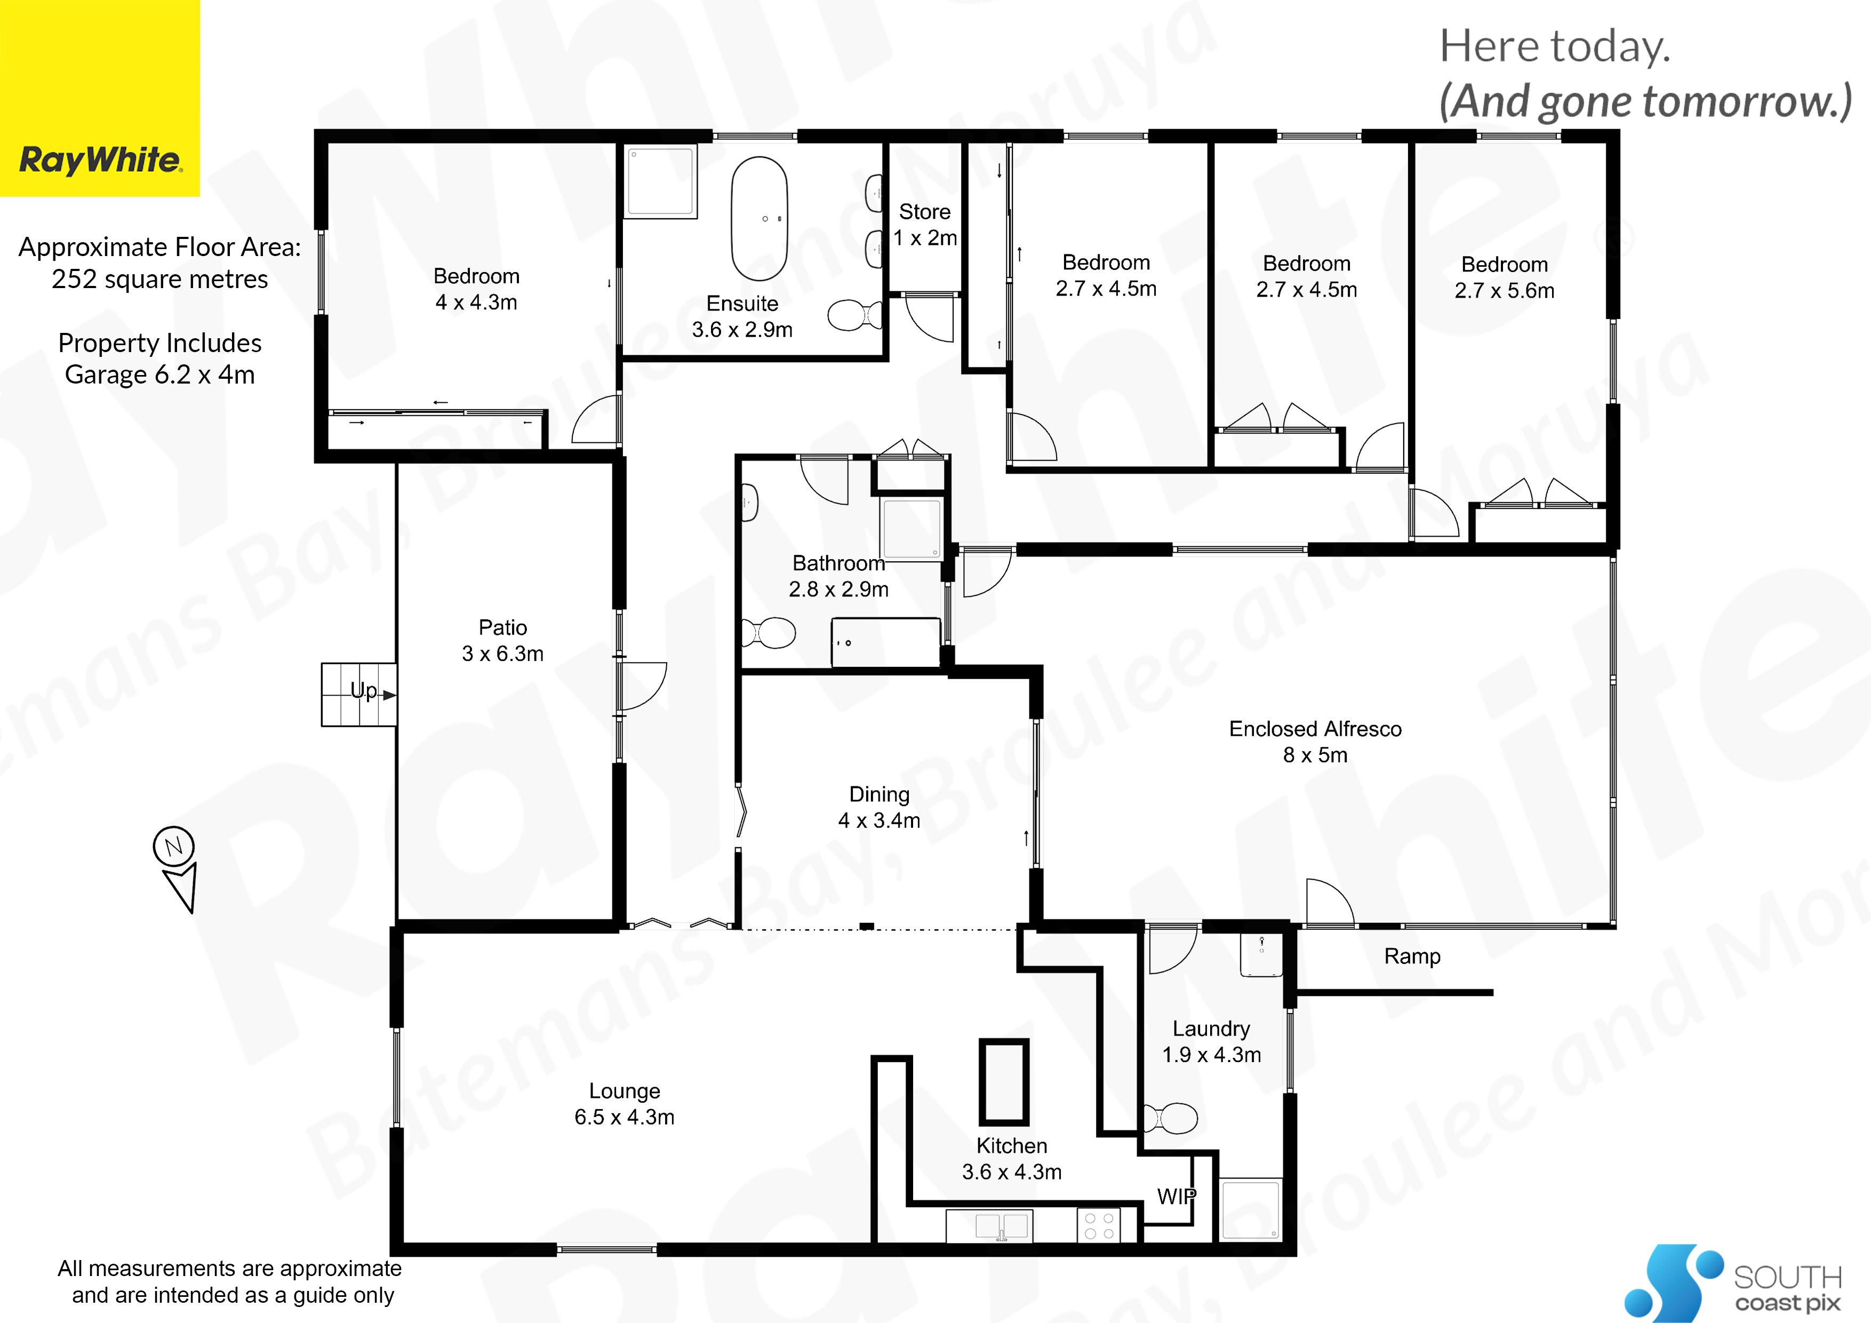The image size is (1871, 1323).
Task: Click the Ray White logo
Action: point(99,98)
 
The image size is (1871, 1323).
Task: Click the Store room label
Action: point(925,212)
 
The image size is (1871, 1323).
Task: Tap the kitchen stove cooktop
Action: point(1099,1226)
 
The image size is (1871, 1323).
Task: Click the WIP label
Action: point(1177,1197)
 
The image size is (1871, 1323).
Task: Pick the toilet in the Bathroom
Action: point(767,633)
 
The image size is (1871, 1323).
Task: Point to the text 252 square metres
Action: point(159,279)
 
